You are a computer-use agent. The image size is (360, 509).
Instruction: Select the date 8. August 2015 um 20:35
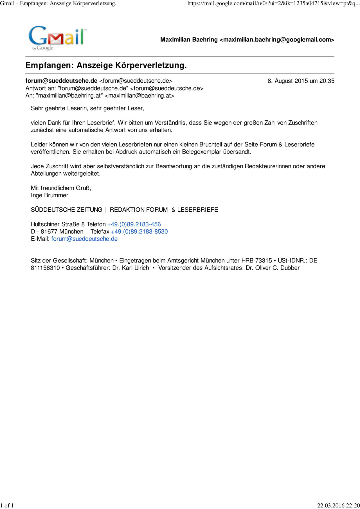301,81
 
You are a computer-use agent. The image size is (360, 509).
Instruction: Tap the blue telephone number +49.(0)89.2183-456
134,224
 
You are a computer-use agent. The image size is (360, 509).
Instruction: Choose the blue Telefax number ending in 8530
139,232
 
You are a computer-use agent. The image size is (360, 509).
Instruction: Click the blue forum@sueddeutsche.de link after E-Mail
84,239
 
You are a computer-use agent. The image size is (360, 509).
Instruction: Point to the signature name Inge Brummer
49,195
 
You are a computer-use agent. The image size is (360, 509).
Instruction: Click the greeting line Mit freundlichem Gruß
61,188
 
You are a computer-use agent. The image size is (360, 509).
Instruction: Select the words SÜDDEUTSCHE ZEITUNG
66,210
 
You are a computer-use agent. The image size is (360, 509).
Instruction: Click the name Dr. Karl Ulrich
130,268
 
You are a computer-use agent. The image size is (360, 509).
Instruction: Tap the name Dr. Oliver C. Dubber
273,268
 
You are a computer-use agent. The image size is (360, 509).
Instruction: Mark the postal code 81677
49,232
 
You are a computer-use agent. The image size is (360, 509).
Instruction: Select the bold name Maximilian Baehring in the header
189,40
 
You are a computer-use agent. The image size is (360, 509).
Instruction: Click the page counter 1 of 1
7,505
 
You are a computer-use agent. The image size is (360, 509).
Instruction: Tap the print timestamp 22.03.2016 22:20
338,505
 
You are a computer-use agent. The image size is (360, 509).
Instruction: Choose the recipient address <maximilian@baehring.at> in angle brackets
139,96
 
